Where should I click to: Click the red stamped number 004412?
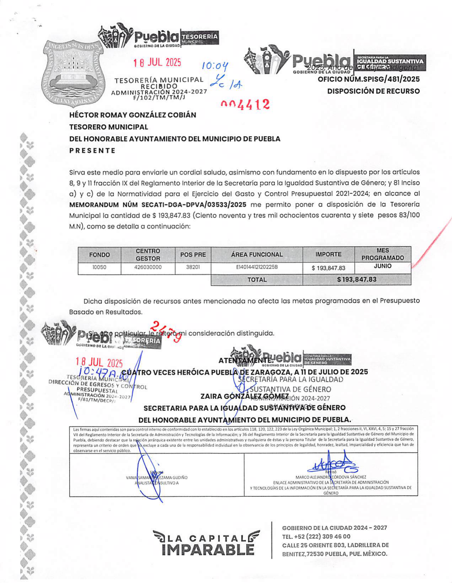pos(245,104)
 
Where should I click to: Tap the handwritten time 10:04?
pos(215,66)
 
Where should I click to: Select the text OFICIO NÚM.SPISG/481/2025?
pos(369,79)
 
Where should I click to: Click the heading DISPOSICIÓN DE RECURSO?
pos(373,91)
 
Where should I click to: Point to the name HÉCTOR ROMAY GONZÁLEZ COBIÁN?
pos(132,115)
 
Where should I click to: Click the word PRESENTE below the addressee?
pos(92,150)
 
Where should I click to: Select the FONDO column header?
pos(99,255)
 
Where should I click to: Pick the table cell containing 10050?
pos(99,267)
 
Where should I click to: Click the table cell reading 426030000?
pos(148,267)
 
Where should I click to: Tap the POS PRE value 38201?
pos(193,267)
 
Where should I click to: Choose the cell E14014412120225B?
pos(257,267)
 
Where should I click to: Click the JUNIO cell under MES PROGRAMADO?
pos(382,266)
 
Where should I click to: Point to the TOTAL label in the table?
pos(257,280)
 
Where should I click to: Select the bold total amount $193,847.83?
pos(356,279)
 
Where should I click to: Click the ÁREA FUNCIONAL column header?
pos(257,255)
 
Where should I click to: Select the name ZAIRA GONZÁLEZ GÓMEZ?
pos(245,396)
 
